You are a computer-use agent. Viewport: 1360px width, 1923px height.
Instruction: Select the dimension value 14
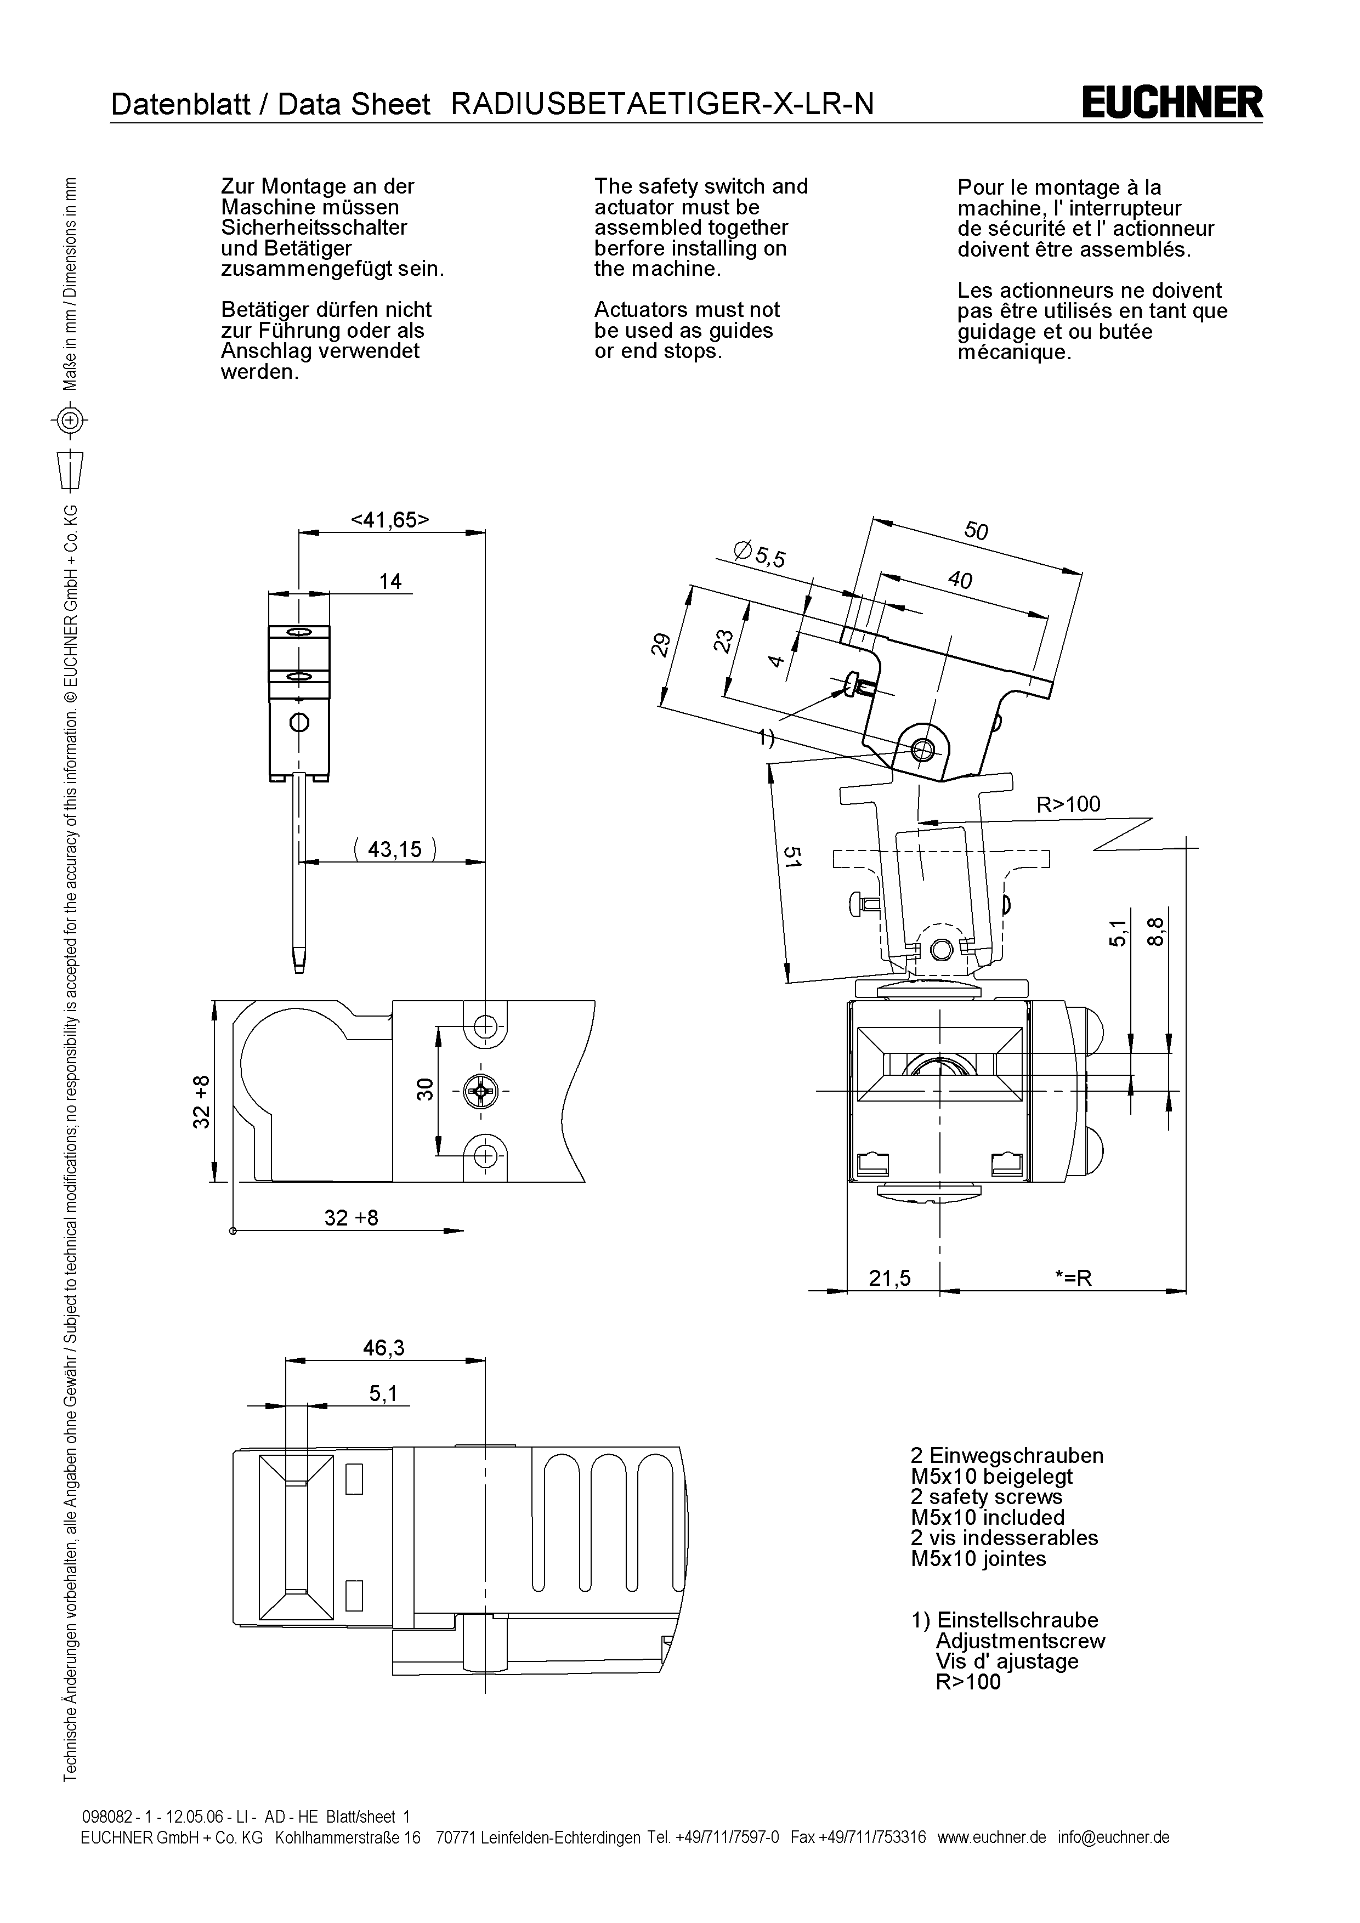390,581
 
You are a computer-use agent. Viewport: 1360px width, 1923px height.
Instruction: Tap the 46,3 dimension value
383,1348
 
